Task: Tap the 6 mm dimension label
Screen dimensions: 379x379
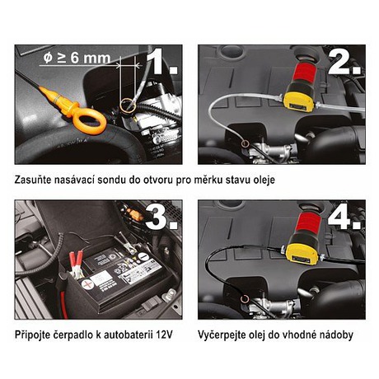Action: [77, 58]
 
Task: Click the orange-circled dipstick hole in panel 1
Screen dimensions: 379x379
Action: [128, 105]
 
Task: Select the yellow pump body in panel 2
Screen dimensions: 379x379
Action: [299, 101]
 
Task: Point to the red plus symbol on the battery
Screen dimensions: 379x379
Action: [88, 285]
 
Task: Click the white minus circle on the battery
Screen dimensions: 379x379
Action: [143, 257]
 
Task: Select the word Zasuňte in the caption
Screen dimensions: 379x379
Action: [32, 180]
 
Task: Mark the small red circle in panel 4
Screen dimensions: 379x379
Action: [244, 298]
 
